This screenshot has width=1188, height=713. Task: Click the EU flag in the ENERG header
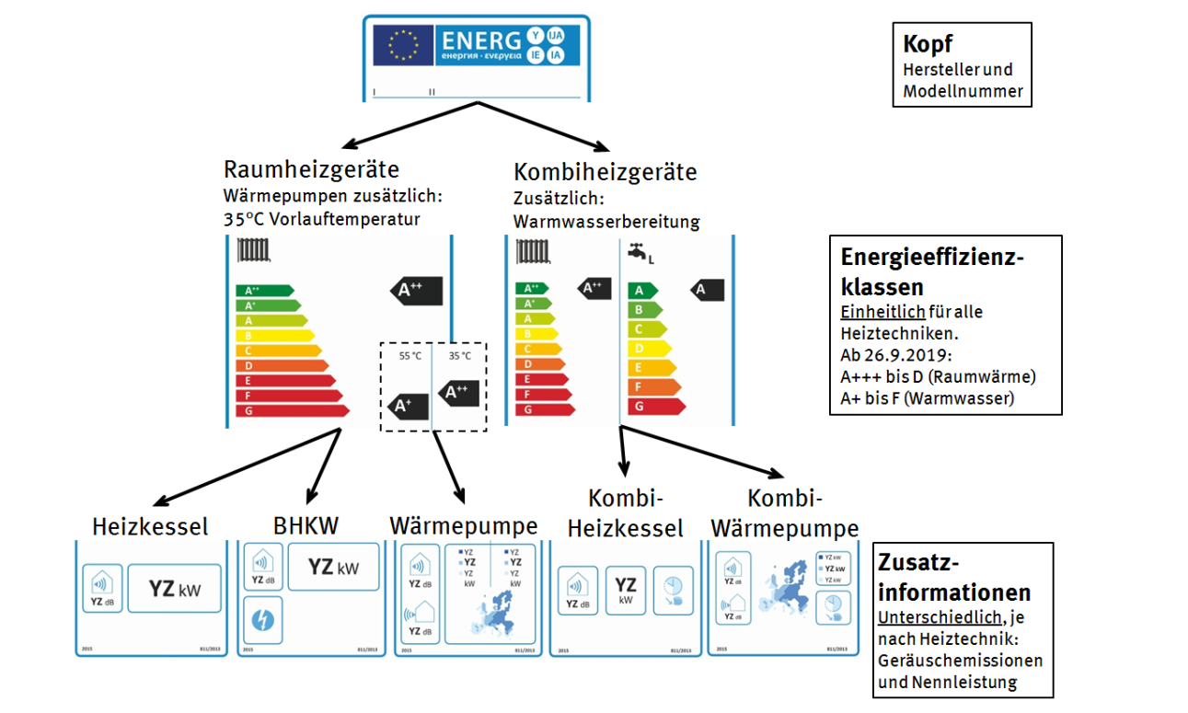tap(403, 43)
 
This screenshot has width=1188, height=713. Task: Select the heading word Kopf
tap(928, 43)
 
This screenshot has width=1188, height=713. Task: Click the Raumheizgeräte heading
tap(311, 169)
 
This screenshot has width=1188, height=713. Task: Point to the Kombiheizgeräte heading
tap(605, 172)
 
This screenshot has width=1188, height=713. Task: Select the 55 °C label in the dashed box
tap(409, 356)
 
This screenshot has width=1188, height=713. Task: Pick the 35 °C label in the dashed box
tap(459, 356)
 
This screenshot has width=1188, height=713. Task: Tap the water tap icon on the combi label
tap(637, 251)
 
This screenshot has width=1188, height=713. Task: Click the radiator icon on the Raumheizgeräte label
tap(253, 250)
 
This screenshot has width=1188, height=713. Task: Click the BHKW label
tap(306, 525)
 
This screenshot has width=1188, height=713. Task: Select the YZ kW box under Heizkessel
tap(174, 589)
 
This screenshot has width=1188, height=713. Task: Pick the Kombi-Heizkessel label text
tap(625, 514)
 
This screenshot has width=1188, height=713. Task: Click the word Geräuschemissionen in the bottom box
tap(960, 661)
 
